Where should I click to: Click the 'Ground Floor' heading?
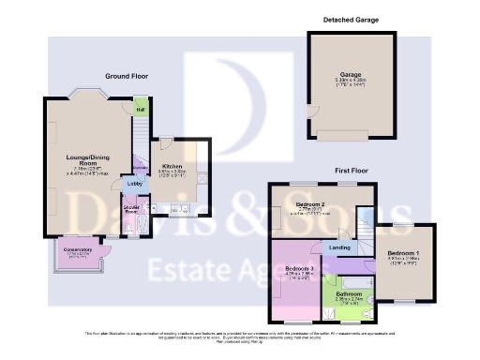127,75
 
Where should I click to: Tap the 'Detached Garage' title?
346,20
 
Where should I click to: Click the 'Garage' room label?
350,76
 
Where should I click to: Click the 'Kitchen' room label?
170,141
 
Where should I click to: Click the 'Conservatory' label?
78,249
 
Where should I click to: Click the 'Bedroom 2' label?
310,203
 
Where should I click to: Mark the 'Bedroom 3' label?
299,269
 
